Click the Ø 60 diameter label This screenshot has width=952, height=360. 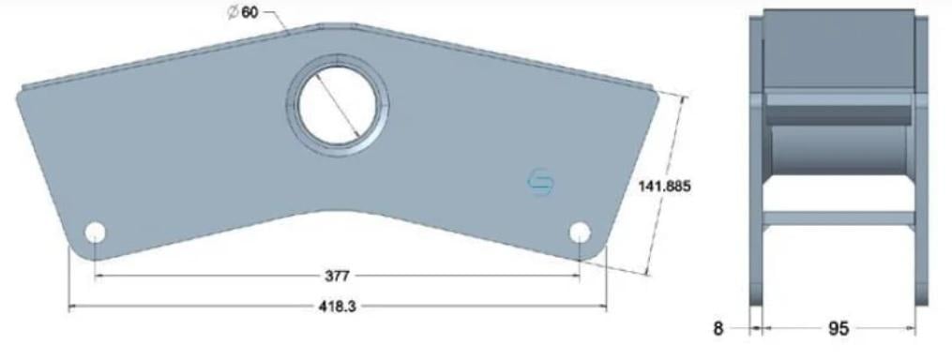pos(242,12)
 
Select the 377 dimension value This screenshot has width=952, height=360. pos(337,277)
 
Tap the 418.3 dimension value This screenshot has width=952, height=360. pos(337,307)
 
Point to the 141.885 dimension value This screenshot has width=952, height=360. pos(664,187)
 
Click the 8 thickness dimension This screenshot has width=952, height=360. pos(718,329)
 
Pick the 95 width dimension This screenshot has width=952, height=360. pos(839,329)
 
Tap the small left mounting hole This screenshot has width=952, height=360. pos(95,232)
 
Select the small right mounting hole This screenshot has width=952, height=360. pos(580,232)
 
